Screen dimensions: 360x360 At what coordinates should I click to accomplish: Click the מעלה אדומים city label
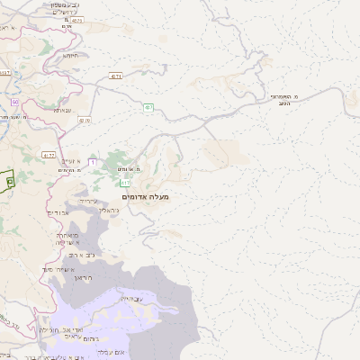click(145, 196)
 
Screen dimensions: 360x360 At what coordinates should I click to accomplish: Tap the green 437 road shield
click(148, 108)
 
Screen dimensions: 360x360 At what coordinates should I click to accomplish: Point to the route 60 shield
click(15, 101)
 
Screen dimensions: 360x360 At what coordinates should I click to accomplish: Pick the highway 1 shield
click(93, 162)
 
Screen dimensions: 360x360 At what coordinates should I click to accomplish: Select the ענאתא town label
click(62, 110)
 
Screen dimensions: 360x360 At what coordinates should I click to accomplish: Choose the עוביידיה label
click(131, 297)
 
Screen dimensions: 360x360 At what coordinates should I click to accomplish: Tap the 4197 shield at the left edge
click(4, 73)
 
